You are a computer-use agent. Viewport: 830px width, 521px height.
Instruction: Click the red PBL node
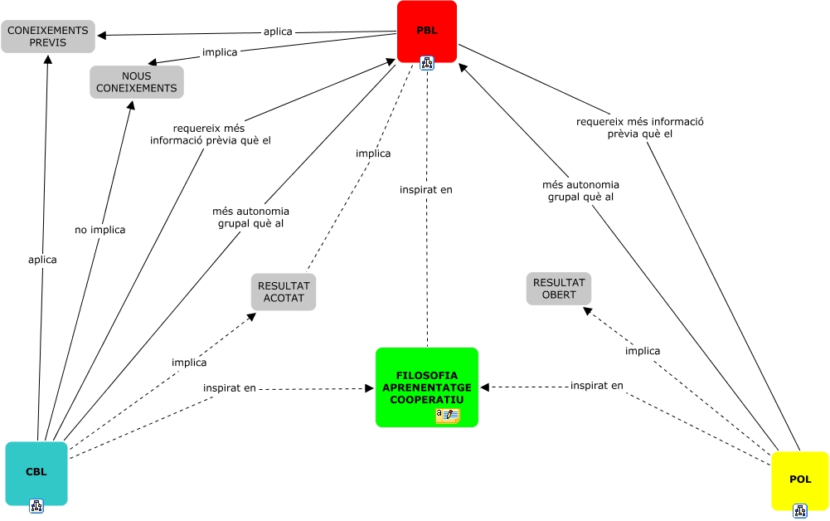pyautogui.click(x=426, y=31)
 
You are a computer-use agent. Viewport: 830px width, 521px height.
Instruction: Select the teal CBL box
pyautogui.click(x=36, y=472)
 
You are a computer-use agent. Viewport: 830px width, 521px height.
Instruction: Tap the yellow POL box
pyautogui.click(x=799, y=480)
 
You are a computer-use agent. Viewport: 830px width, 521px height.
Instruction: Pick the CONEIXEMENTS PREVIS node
pyautogui.click(x=48, y=36)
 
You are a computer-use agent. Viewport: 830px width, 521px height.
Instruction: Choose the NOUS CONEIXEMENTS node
pyautogui.click(x=136, y=82)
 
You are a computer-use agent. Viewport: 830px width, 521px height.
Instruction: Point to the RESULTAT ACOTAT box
pyautogui.click(x=284, y=291)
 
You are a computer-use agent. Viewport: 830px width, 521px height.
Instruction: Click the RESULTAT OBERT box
pyautogui.click(x=558, y=289)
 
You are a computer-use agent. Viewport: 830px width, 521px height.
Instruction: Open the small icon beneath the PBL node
pyautogui.click(x=427, y=63)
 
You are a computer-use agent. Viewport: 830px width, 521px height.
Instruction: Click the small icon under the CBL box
pyautogui.click(x=36, y=505)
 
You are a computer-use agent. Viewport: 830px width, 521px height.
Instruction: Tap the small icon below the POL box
pyautogui.click(x=799, y=510)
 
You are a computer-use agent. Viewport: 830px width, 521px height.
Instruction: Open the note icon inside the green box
pyautogui.click(x=448, y=416)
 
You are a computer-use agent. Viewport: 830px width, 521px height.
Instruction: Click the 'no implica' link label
pyautogui.click(x=100, y=230)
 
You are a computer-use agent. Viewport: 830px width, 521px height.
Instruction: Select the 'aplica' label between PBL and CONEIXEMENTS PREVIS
pyautogui.click(x=278, y=32)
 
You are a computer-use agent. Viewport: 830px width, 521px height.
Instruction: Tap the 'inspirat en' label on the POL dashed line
pyautogui.click(x=596, y=386)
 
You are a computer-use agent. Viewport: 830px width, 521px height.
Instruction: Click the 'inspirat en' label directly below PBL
pyautogui.click(x=426, y=190)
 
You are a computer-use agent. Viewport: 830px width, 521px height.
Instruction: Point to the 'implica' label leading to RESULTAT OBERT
pyautogui.click(x=643, y=351)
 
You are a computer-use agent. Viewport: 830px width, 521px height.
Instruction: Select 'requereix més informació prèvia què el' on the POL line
pyautogui.click(x=639, y=127)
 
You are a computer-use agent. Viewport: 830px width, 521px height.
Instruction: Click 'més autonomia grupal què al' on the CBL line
pyautogui.click(x=251, y=217)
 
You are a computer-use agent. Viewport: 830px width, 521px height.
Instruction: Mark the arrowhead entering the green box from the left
pyautogui.click(x=370, y=387)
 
